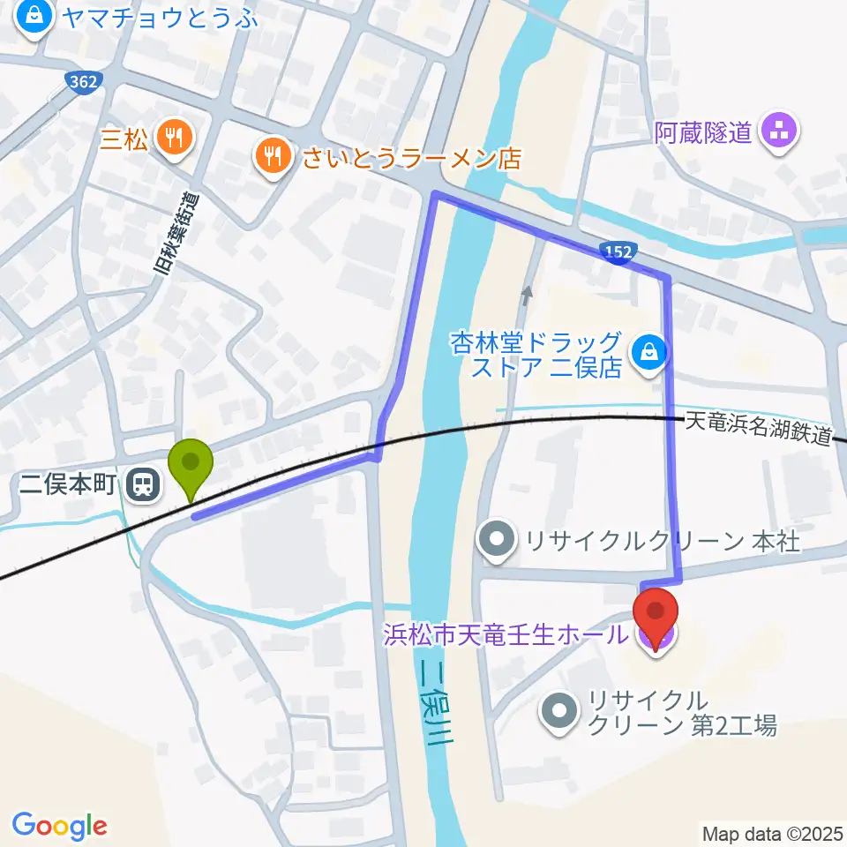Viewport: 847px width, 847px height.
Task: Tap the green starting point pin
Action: point(190,463)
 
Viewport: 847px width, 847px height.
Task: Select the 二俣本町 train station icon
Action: point(141,483)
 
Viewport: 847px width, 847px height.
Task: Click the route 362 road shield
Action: point(85,81)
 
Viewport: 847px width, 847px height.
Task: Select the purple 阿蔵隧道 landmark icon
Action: point(781,133)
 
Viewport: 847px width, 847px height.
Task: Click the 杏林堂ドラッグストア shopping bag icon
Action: point(649,352)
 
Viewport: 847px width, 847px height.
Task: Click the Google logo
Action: point(59,826)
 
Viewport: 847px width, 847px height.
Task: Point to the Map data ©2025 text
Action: point(772,832)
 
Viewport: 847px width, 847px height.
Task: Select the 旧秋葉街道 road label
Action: point(179,234)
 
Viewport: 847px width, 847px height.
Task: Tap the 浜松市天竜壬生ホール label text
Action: point(506,633)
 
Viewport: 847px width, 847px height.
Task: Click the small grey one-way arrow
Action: point(528,296)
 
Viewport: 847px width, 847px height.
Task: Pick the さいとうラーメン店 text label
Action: point(412,158)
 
